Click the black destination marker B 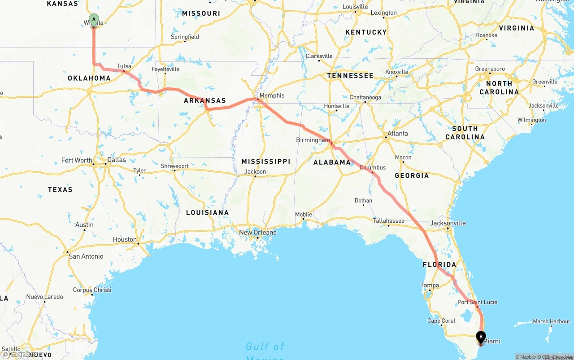(481, 337)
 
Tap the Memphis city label (272, 95)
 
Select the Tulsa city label (124, 66)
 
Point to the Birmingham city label (313, 140)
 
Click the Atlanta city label (398, 133)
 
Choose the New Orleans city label (257, 232)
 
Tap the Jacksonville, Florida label (448, 223)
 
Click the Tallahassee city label (388, 221)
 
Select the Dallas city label (117, 160)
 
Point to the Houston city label (125, 239)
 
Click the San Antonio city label (86, 256)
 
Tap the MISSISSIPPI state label (265, 161)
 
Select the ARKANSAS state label (204, 100)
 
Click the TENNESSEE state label (350, 76)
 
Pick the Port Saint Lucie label (477, 302)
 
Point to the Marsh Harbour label (551, 321)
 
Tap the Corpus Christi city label (93, 290)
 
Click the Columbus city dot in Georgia (372, 172)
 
